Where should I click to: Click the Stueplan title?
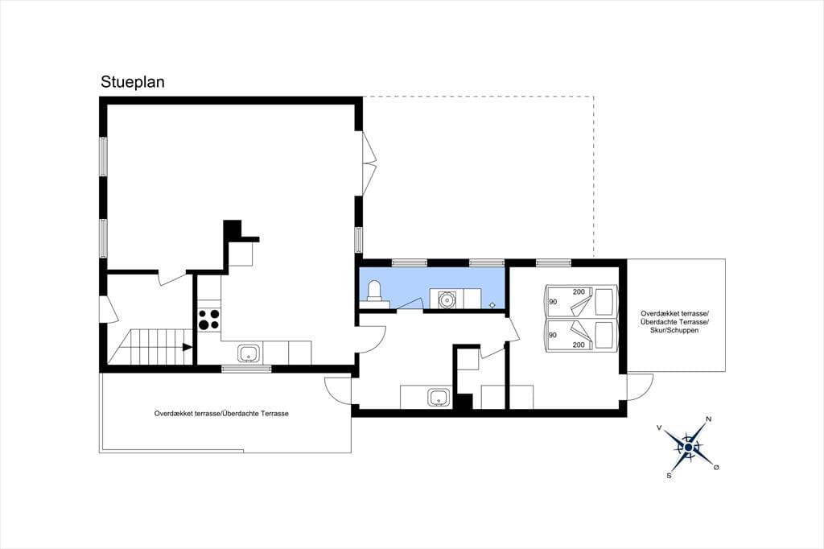click(x=133, y=82)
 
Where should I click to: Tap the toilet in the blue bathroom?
click(x=374, y=293)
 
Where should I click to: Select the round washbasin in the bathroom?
click(x=447, y=299)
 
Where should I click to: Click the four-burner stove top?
click(x=208, y=320)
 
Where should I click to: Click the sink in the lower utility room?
click(x=439, y=398)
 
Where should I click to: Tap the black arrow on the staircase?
click(x=187, y=347)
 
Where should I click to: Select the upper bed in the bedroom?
click(x=581, y=301)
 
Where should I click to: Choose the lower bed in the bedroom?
click(x=581, y=334)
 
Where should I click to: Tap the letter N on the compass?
click(x=708, y=419)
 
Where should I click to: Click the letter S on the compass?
click(x=669, y=476)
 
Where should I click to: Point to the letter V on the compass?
click(x=659, y=428)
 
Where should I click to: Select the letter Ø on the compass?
click(x=715, y=467)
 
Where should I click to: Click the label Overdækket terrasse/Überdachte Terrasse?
click(x=221, y=414)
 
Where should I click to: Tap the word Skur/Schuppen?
click(x=675, y=331)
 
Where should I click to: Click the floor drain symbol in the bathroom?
click(x=492, y=305)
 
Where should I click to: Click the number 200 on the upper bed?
click(x=579, y=292)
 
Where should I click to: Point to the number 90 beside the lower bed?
click(x=552, y=335)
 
